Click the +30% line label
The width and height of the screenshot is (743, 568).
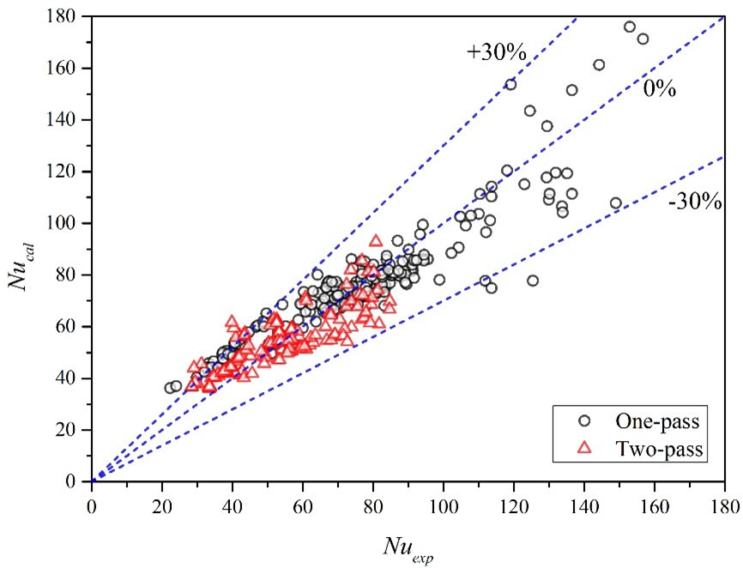tap(496, 51)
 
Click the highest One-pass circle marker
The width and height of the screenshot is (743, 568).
tap(630, 27)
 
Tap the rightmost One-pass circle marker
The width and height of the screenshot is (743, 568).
tap(643, 39)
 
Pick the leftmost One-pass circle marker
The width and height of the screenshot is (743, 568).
tap(170, 388)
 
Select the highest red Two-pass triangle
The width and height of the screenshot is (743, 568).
tap(376, 242)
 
